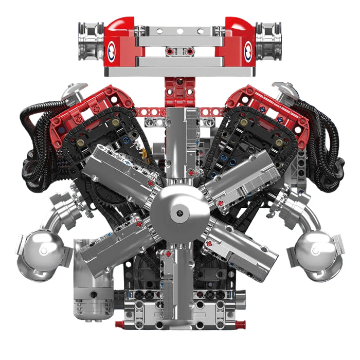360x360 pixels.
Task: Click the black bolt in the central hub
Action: (179, 210)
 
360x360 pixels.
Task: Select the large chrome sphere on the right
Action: (318, 253)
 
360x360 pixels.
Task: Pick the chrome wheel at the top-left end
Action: (91, 40)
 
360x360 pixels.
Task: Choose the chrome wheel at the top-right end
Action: (268, 40)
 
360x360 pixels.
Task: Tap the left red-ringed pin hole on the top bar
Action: (169, 51)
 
